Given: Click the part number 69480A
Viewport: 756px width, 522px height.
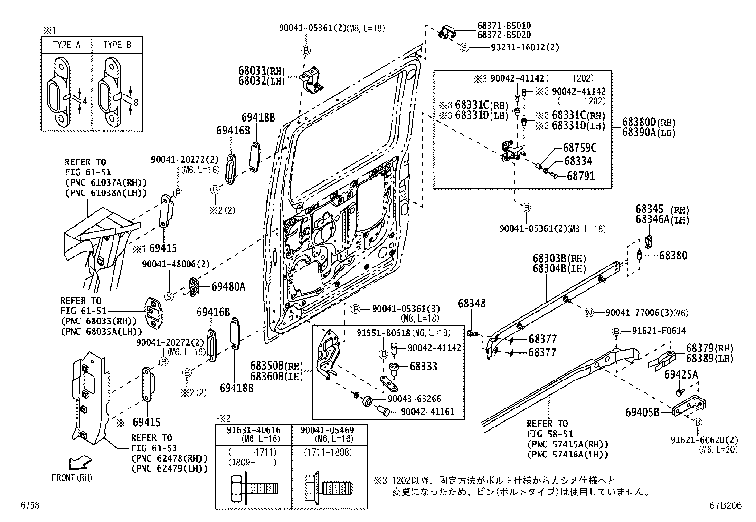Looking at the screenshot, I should click(228, 286).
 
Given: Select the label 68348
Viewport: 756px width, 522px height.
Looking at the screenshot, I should click(472, 303).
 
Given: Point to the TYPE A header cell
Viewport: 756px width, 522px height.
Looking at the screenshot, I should click(66, 45).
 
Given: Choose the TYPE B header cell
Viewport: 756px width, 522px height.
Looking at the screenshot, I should click(117, 45).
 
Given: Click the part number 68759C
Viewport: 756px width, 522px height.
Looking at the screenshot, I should click(580, 148).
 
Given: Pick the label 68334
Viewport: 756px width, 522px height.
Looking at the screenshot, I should click(577, 162).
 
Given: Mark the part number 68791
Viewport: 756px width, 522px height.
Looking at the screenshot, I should click(580, 176).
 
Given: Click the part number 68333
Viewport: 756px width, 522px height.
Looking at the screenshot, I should click(424, 367).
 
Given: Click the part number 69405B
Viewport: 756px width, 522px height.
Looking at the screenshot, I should click(642, 412).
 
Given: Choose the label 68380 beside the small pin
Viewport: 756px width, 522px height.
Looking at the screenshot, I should click(673, 256).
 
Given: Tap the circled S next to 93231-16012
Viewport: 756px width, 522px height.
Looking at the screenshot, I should click(464, 47).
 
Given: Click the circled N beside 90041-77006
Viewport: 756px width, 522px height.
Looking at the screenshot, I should click(589, 313).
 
